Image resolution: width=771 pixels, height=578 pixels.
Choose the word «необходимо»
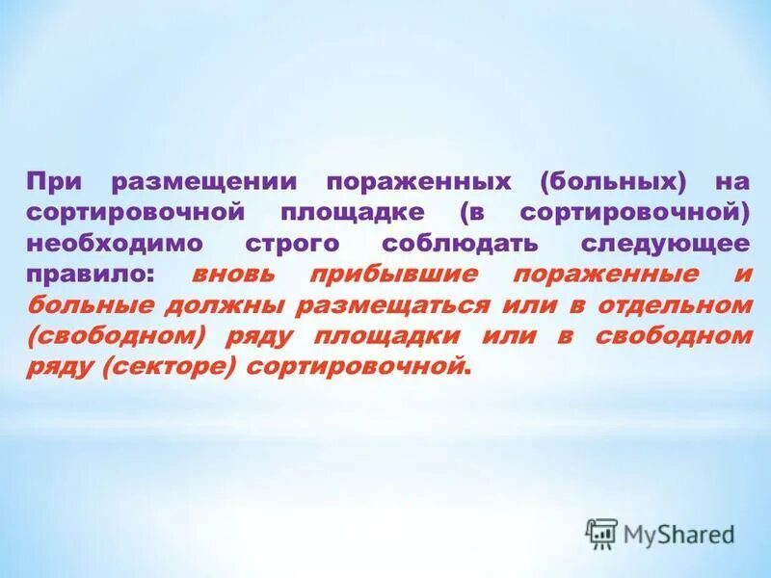[x=102, y=243]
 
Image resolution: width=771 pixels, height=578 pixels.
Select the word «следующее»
[x=665, y=243]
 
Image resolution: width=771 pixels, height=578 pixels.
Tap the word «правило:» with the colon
[x=88, y=274]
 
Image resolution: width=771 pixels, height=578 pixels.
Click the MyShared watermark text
[x=678, y=534]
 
